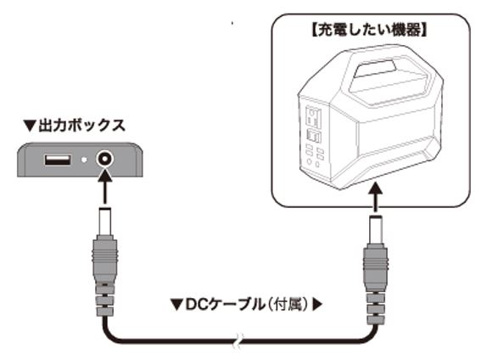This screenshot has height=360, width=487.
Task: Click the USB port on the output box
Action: pyautogui.click(x=59, y=159)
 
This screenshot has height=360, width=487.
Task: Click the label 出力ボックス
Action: pyautogui.click(x=82, y=126)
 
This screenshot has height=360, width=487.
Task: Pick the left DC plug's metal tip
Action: pyautogui.click(x=107, y=222)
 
